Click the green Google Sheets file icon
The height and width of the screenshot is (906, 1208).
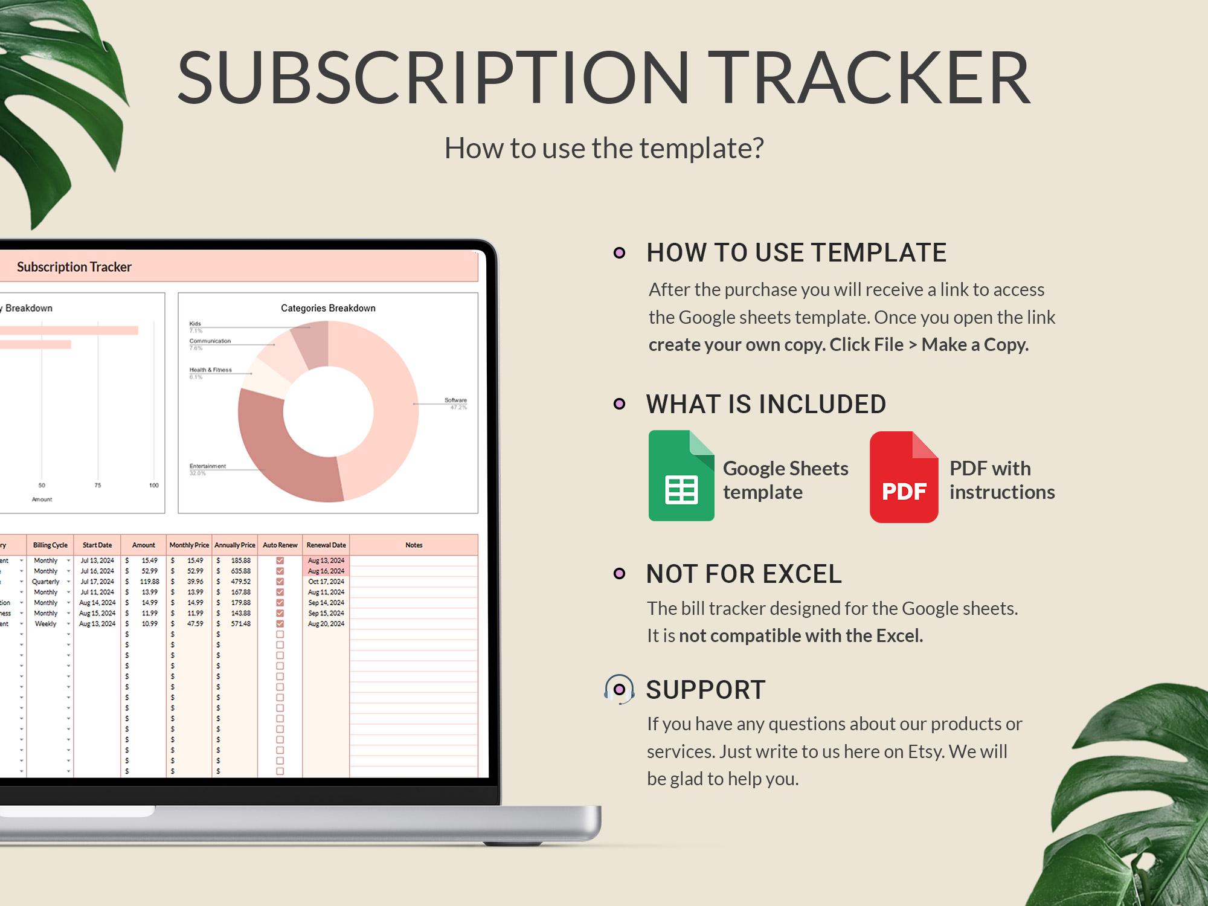coord(681,475)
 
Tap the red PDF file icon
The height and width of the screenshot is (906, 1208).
coord(904,477)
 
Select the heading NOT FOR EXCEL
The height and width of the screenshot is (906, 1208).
coord(744,574)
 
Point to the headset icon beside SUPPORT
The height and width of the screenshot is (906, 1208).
coord(619,689)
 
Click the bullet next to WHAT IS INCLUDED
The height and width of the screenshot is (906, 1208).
coord(619,403)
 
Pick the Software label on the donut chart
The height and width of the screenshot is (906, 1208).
coord(455,400)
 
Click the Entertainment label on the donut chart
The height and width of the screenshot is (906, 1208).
coord(207,466)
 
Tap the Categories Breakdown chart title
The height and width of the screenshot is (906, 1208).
coord(328,308)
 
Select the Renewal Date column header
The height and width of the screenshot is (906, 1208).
coord(326,545)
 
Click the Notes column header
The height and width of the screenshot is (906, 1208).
coord(414,545)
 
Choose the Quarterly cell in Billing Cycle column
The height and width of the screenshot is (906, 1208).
coord(46,582)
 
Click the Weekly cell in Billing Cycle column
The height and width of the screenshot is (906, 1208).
coord(45,624)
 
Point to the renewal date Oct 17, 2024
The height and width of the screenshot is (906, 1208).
coord(326,582)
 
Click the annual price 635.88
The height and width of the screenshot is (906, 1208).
coord(240,571)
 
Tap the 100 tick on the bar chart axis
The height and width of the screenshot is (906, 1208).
coord(154,485)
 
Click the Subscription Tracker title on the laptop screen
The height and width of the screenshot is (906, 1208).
coord(74,267)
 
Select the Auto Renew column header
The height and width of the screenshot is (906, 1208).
coord(280,545)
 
